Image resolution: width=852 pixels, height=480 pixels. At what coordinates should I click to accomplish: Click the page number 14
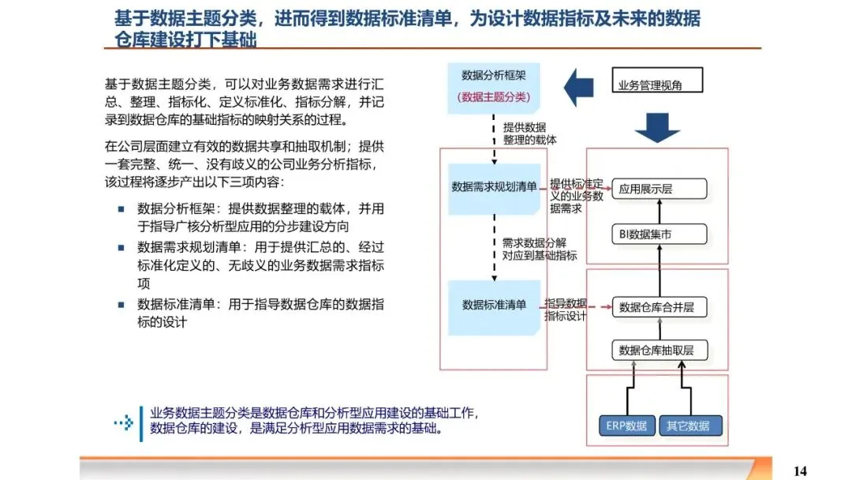(800, 471)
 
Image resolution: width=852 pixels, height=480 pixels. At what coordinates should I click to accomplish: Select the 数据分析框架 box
(495, 86)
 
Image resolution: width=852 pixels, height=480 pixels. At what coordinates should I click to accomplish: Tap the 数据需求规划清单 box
(495, 188)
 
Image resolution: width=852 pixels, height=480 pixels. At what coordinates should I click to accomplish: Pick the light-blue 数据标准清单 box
(495, 305)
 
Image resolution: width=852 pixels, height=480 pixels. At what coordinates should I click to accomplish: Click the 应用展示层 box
(659, 189)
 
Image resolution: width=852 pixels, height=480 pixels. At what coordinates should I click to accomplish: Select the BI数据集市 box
(659, 234)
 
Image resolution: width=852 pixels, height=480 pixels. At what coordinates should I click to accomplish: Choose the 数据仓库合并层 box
(659, 307)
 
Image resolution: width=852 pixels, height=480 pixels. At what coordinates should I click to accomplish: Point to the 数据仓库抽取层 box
(659, 350)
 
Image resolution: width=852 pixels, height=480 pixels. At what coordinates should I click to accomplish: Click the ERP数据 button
(626, 426)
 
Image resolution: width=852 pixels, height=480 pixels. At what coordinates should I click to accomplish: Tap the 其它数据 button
(689, 426)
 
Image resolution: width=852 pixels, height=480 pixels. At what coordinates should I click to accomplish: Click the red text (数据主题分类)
(495, 97)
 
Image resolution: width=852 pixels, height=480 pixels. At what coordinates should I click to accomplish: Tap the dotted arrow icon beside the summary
(123, 422)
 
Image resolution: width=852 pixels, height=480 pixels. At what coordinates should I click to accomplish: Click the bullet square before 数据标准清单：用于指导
(121, 305)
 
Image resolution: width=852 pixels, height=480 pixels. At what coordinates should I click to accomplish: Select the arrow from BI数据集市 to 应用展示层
(659, 212)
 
